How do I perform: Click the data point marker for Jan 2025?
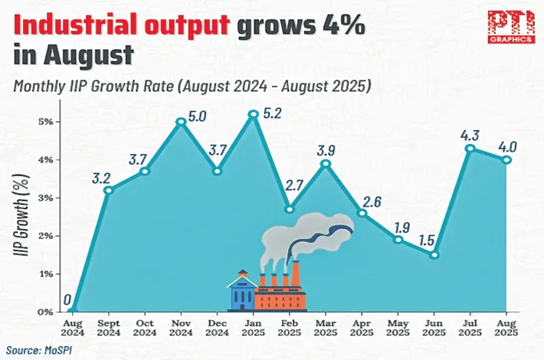[x=253, y=114]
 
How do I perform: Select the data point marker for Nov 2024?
[x=181, y=121]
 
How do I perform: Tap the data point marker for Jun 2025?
[x=434, y=255]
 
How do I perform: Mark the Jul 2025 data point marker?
[x=470, y=149]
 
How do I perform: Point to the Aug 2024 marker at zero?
[x=72, y=311]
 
